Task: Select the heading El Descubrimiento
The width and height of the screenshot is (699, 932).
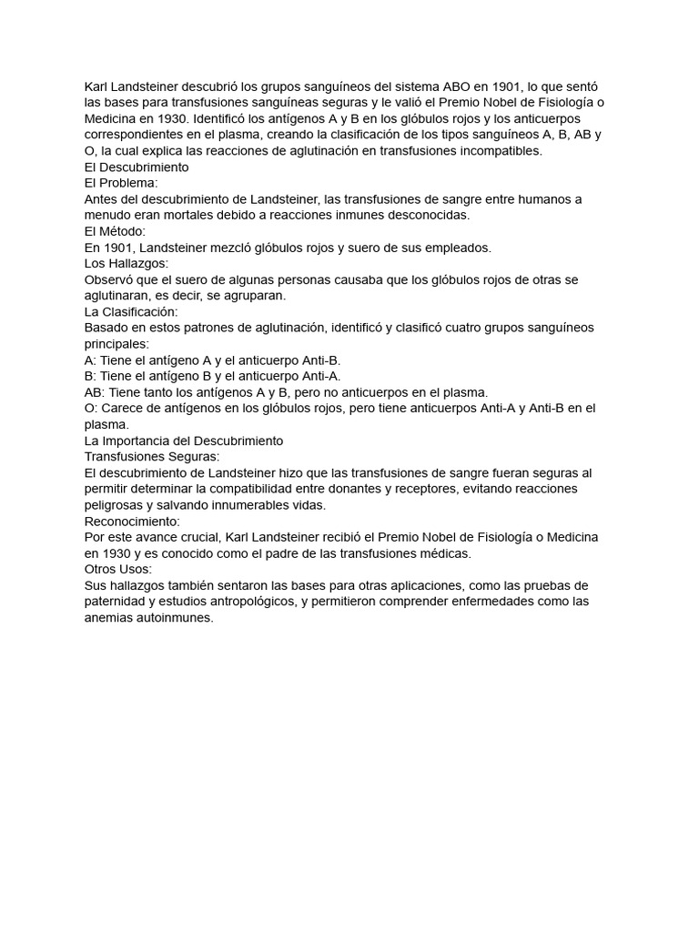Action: (137, 167)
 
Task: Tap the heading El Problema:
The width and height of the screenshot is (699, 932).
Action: (121, 183)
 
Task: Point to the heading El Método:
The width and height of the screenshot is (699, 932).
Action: (115, 231)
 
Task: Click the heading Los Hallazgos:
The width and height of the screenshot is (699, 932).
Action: (127, 263)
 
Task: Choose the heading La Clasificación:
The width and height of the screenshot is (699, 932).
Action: (131, 311)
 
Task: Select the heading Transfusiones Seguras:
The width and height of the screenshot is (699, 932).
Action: (152, 456)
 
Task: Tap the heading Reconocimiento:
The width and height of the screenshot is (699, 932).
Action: (132, 521)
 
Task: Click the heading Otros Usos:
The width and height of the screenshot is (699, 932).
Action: (118, 569)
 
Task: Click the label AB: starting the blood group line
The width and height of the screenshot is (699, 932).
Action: (95, 392)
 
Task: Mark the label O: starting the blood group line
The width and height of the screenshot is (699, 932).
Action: (91, 409)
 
